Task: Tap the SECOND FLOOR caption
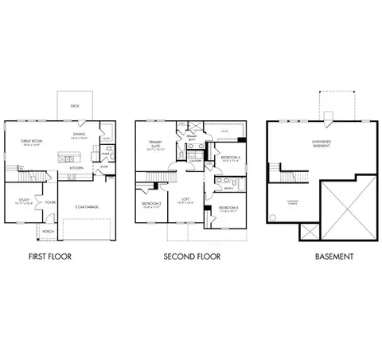pyautogui.click(x=192, y=256)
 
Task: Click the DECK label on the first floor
pyautogui.click(x=74, y=104)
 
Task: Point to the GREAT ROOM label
pyautogui.click(x=32, y=141)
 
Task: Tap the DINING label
pyautogui.click(x=79, y=135)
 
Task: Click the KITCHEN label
pyautogui.click(x=76, y=168)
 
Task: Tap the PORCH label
pyautogui.click(x=48, y=232)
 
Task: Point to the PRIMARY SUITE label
pyautogui.click(x=156, y=145)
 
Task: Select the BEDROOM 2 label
pyautogui.click(x=151, y=204)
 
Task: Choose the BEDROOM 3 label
pyautogui.click(x=228, y=207)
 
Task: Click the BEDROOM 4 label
pyautogui.click(x=229, y=157)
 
